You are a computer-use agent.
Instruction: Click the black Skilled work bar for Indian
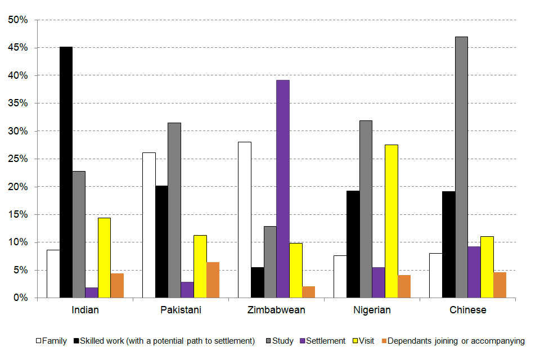click(66, 172)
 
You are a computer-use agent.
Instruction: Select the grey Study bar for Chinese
click(461, 167)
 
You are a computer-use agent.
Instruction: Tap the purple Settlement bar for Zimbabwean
click(283, 188)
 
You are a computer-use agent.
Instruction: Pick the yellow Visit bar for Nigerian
click(391, 221)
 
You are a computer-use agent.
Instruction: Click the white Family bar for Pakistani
click(148, 225)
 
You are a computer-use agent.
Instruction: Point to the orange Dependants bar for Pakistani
click(213, 280)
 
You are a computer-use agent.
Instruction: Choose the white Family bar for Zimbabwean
click(244, 219)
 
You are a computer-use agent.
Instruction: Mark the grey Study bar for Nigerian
click(366, 209)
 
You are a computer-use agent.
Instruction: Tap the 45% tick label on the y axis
click(17, 48)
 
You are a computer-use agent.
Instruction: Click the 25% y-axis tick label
click(17, 159)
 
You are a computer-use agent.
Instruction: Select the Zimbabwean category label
click(276, 310)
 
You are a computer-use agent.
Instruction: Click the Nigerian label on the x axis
click(372, 310)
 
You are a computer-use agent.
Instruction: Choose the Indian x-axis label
click(85, 310)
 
